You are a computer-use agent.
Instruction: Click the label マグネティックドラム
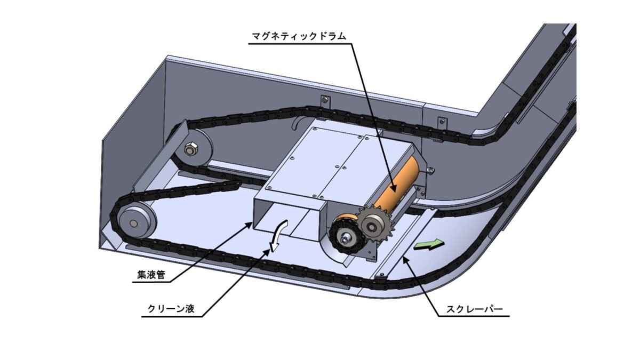click(298, 36)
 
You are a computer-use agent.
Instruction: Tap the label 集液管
click(151, 275)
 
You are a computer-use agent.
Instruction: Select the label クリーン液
click(171, 308)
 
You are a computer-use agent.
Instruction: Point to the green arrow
click(430, 245)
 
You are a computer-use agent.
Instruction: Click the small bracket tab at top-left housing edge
click(324, 100)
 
